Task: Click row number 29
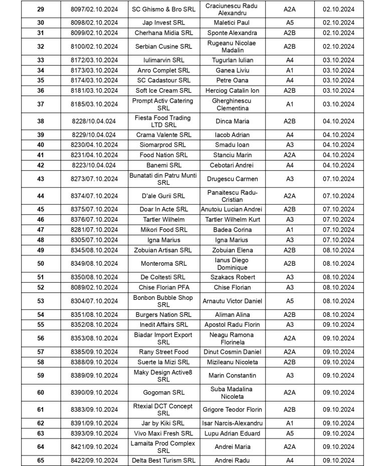(x=41, y=9)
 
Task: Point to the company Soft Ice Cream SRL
(x=163, y=91)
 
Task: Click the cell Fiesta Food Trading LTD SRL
(x=163, y=121)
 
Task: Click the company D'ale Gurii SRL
(x=163, y=196)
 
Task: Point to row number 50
(x=41, y=263)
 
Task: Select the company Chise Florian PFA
(x=163, y=287)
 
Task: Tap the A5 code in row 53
(x=290, y=301)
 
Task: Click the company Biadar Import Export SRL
(x=163, y=338)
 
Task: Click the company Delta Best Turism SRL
(x=163, y=460)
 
